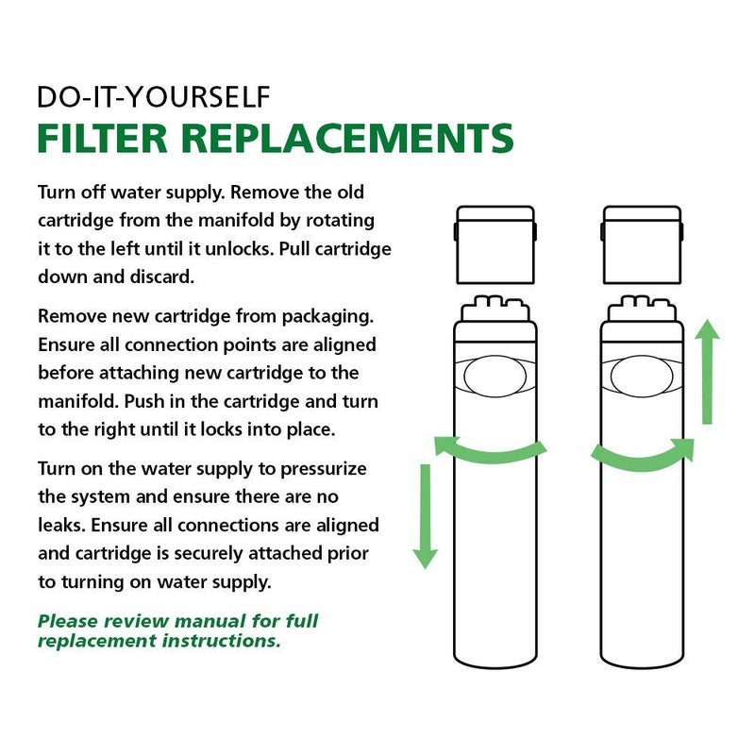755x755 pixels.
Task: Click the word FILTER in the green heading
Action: (101, 138)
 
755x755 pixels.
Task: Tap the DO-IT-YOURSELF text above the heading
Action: (154, 96)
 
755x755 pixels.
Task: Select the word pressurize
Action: (320, 469)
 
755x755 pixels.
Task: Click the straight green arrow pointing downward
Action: (426, 514)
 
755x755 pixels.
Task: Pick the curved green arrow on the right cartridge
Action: (642, 457)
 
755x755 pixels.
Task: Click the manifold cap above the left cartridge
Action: (495, 243)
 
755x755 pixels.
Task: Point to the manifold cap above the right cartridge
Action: (642, 243)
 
